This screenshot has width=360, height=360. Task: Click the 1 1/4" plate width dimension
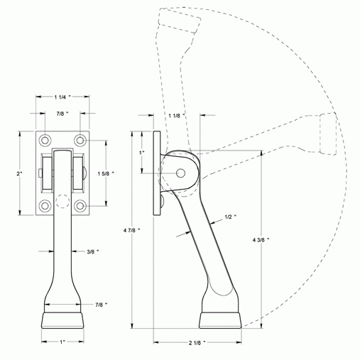62,95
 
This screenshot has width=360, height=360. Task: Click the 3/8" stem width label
92,251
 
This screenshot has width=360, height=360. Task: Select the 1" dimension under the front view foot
62,342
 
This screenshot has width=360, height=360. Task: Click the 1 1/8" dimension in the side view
178,115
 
